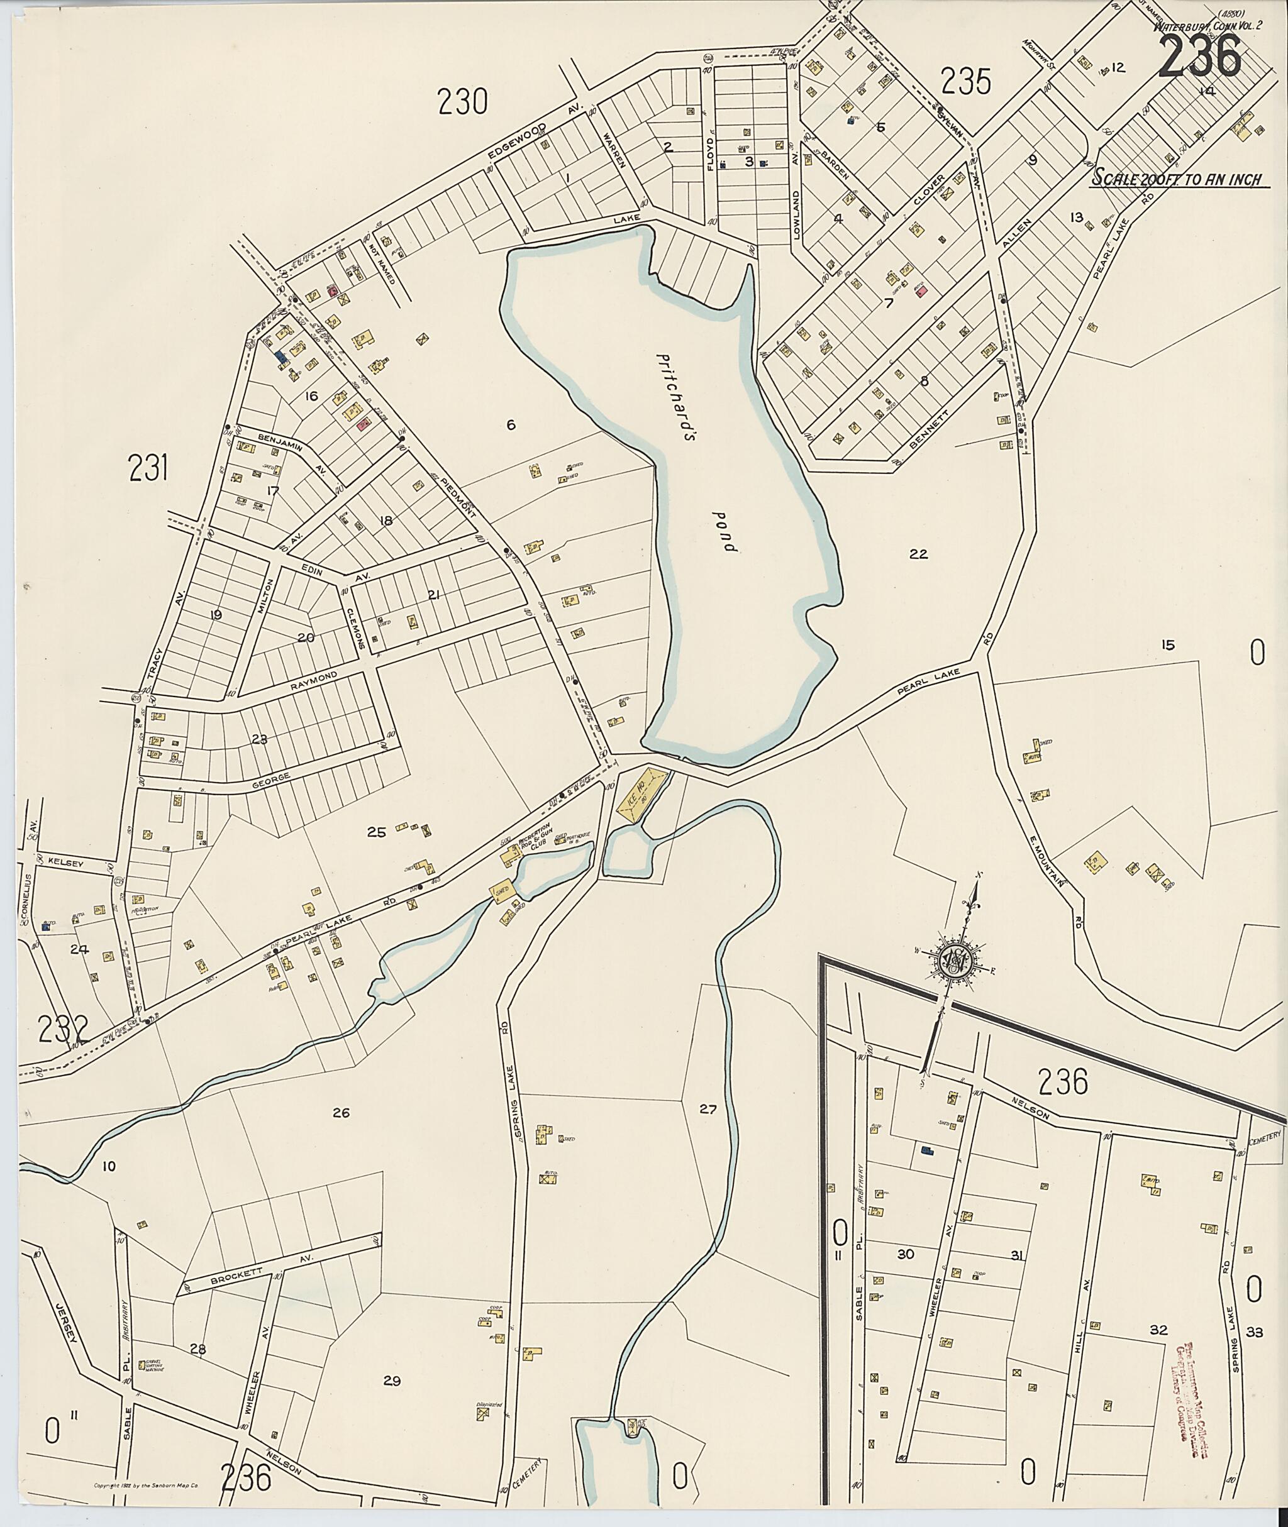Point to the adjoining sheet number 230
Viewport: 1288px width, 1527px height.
click(x=462, y=101)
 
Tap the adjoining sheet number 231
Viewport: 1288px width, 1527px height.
click(x=149, y=468)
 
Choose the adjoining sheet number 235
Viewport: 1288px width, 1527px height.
click(x=966, y=82)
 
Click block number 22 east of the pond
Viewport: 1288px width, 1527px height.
click(x=918, y=554)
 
